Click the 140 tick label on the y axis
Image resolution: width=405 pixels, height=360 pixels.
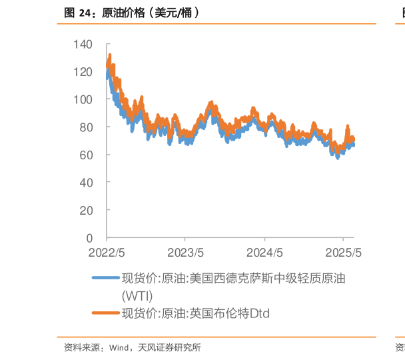point(85,44)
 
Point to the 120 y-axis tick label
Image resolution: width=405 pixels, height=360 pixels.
point(85,71)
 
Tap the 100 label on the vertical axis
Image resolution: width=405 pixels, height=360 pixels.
point(85,99)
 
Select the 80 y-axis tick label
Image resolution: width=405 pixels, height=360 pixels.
point(87,127)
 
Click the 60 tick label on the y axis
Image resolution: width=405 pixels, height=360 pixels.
point(87,155)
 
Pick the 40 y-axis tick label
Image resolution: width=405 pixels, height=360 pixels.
point(87,182)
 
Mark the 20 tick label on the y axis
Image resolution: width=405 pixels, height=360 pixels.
point(87,210)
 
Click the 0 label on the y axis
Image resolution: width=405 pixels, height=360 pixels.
point(90,237)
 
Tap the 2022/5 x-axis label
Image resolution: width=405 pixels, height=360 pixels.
point(107,253)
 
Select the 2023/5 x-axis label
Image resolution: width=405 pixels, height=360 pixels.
point(185,253)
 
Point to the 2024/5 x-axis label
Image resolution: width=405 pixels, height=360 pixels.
point(264,253)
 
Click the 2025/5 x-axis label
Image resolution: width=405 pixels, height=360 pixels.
point(343,253)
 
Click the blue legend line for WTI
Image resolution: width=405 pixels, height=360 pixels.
point(105,279)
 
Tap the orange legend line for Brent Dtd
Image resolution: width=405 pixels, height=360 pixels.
point(105,312)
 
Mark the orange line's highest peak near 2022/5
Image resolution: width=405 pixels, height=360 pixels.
point(109,55)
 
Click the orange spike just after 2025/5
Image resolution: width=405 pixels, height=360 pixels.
point(347,125)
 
